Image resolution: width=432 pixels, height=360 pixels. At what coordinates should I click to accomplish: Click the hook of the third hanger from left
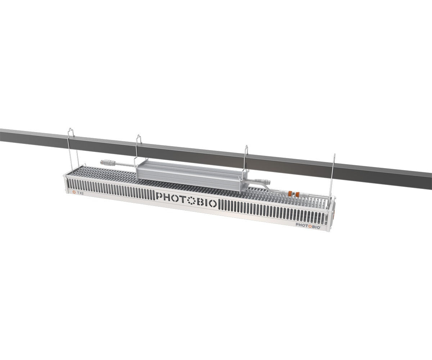[x=246, y=148]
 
